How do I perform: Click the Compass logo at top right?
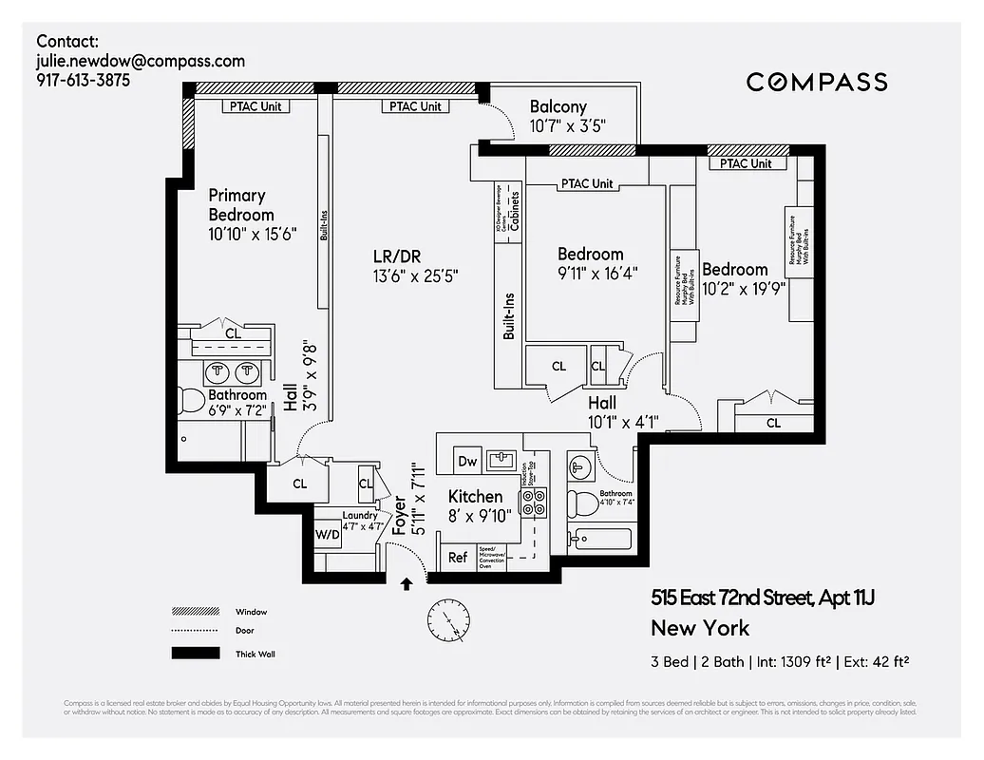[x=817, y=82]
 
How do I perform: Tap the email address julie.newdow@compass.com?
[x=141, y=61]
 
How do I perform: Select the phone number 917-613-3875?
[x=84, y=81]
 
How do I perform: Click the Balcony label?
[x=558, y=107]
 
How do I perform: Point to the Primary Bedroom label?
[x=241, y=205]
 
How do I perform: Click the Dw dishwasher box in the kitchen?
[x=467, y=461]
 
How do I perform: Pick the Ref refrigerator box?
[x=458, y=558]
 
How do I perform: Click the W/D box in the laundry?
[x=328, y=534]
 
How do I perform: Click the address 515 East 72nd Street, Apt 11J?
[x=762, y=598]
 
